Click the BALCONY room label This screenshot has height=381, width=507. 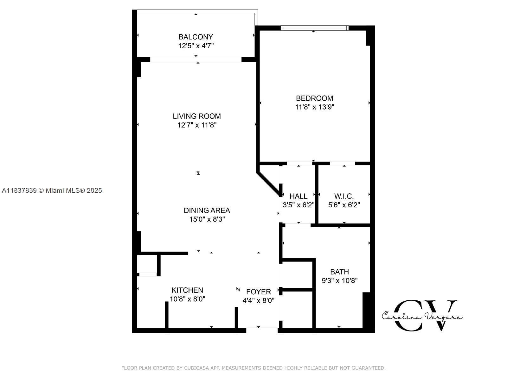click(x=196, y=37)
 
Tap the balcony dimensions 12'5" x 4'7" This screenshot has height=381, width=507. click(x=196, y=46)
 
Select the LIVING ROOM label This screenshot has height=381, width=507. click(x=197, y=116)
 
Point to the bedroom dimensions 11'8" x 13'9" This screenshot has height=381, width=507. click(x=315, y=107)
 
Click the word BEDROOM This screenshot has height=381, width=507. click(x=315, y=98)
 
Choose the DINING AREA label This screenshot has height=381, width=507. click(x=207, y=210)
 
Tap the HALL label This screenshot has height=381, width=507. click(x=298, y=196)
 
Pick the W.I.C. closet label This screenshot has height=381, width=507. click(x=344, y=196)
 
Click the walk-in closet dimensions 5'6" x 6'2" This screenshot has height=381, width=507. click(x=344, y=205)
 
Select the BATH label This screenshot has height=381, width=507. click(x=340, y=272)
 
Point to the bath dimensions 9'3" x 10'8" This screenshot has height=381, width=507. click(x=340, y=281)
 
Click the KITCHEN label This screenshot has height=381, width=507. click(x=187, y=290)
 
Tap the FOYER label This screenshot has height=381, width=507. click(x=259, y=292)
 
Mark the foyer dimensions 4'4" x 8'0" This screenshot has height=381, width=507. click(x=259, y=300)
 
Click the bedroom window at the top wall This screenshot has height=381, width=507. click(x=314, y=28)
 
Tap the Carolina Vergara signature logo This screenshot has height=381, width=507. click(x=422, y=316)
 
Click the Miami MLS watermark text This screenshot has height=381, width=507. click(x=52, y=190)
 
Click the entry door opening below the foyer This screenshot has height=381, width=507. click(x=262, y=330)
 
